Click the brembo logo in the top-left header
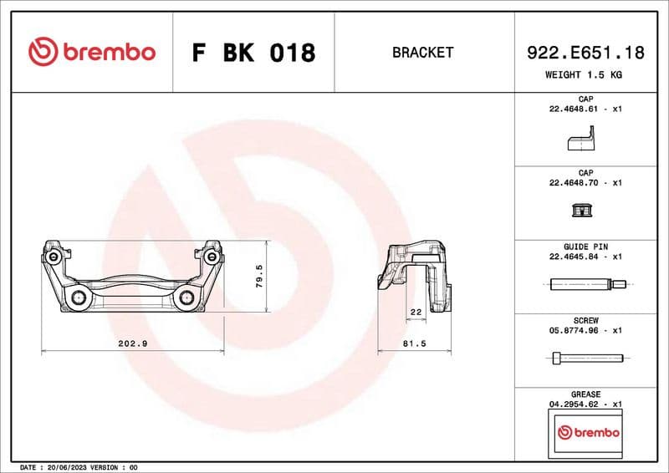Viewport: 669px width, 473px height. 92,53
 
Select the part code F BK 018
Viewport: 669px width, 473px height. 253,53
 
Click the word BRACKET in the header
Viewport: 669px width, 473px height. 422,53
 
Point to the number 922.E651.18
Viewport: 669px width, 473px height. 585,53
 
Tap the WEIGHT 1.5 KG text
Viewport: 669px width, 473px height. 584,75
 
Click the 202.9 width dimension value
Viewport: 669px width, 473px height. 134,343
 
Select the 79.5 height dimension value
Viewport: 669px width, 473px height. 259,277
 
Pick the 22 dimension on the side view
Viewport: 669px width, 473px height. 416,312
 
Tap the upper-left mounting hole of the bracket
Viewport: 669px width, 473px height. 54,257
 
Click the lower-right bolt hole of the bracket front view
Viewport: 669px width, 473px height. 186,298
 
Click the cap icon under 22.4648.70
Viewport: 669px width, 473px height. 584,213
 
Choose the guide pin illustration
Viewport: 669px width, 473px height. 584,287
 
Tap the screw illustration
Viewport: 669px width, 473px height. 584,359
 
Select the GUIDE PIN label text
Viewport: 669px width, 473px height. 585,247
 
